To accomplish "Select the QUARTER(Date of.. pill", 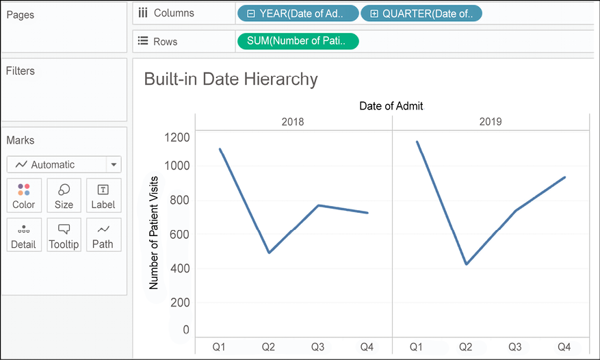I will (x=421, y=13).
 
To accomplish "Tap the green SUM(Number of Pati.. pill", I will (x=298, y=42).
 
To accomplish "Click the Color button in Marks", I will (x=24, y=195).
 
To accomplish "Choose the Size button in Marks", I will (x=64, y=195).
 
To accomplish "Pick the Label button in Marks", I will (x=103, y=195).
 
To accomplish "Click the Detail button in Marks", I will (x=24, y=235).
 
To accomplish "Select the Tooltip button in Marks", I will (x=64, y=235).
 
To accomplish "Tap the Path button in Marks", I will (x=103, y=235).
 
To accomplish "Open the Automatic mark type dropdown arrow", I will (x=114, y=165).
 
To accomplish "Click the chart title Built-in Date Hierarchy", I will (x=231, y=79).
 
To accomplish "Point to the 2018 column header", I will (x=293, y=122).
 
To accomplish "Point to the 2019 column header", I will (x=490, y=122).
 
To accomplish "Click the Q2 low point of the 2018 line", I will (x=269, y=253).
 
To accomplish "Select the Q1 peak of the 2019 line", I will (x=417, y=142).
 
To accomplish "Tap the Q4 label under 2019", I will (x=564, y=347).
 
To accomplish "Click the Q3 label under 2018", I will (x=317, y=347).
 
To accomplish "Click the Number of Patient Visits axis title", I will (x=153, y=233).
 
